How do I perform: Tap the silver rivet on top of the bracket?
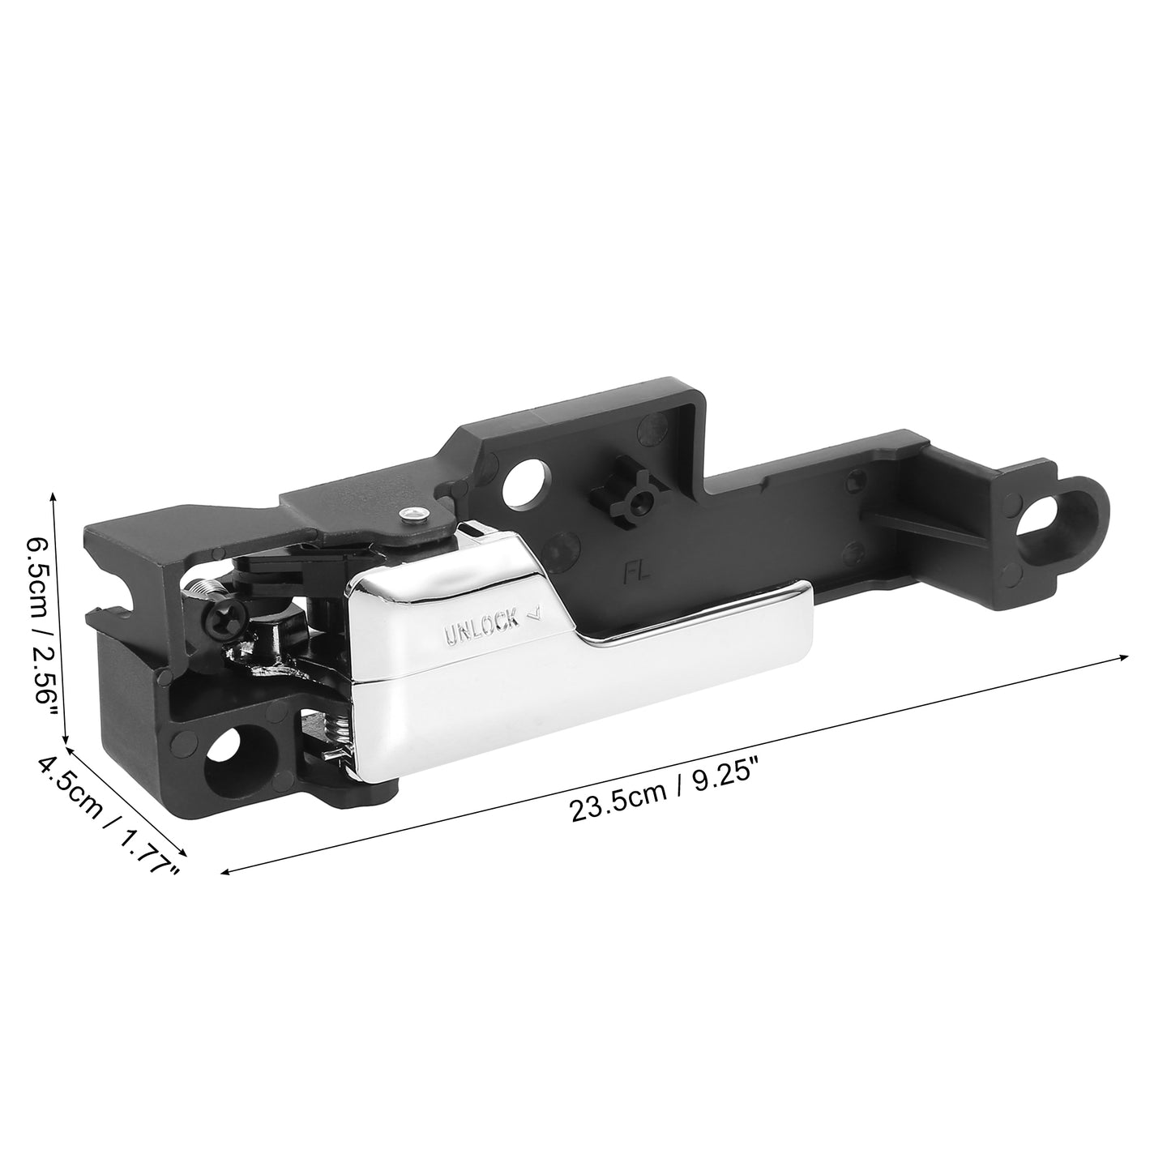413,498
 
